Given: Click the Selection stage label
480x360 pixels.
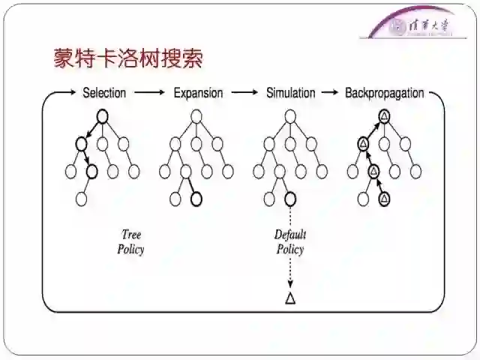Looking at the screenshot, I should click(103, 93).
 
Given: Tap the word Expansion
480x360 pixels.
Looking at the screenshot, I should click(198, 93).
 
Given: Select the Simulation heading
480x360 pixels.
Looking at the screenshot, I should click(291, 93).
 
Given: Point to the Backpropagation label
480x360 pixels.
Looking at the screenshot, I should click(384, 93).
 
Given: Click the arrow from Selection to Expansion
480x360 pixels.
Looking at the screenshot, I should click(149, 93).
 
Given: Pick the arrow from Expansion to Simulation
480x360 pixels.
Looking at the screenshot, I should click(244, 93).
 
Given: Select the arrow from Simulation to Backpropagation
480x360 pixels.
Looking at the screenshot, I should click(328, 93).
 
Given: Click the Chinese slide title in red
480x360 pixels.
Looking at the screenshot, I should click(128, 58).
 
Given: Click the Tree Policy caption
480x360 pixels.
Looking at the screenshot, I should click(130, 242).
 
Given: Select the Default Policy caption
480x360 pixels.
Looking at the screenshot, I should click(290, 242).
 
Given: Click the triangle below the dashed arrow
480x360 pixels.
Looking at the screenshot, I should click(290, 298).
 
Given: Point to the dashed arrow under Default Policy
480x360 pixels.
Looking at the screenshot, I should click(290, 274).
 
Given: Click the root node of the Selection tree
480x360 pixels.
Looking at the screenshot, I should click(103, 115).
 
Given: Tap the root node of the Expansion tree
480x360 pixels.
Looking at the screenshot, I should click(196, 115).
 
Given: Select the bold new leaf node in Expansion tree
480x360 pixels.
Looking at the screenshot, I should click(196, 199).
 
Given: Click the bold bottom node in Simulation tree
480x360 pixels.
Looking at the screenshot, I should click(290, 199).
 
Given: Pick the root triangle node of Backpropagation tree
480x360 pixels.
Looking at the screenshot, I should click(384, 115).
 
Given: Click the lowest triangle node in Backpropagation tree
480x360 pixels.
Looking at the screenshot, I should click(384, 199).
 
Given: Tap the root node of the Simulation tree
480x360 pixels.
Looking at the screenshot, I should click(290, 115).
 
